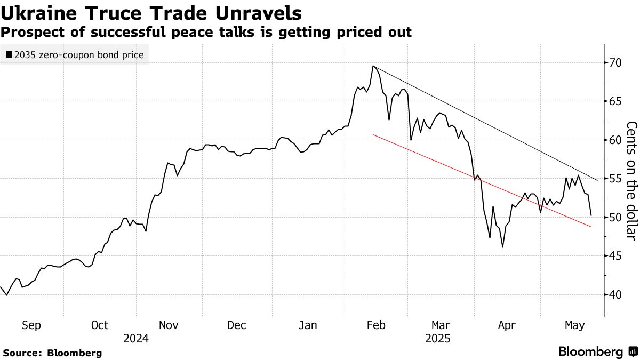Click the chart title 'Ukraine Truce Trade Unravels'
[151, 12]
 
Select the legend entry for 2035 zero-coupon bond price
[75, 55]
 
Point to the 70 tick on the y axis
[613, 63]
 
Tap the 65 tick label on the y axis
[613, 101]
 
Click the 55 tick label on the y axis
[613, 179]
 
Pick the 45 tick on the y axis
[613, 256]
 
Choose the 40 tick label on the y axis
[613, 294]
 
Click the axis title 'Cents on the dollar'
[631, 180]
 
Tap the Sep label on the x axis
[31, 325]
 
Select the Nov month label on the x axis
[169, 325]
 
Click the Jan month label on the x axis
[308, 325]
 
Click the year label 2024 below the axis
[136, 338]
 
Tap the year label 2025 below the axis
[438, 338]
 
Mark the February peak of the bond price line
[373, 66]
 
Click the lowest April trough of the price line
[502, 247]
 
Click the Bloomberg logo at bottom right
[597, 351]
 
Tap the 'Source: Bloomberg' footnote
[52, 353]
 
